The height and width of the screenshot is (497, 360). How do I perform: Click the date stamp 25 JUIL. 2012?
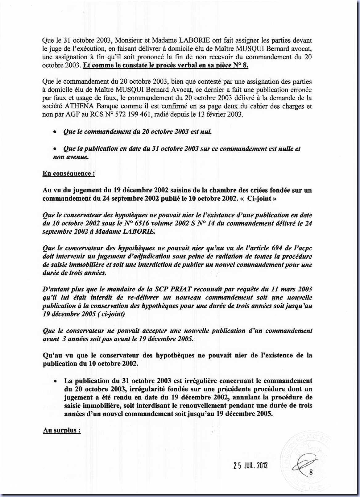tap(250, 466)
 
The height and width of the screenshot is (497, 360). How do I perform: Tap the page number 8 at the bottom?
tap(311, 472)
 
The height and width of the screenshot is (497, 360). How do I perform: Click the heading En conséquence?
tap(68, 173)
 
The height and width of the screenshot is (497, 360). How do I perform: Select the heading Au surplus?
tap(62, 430)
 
